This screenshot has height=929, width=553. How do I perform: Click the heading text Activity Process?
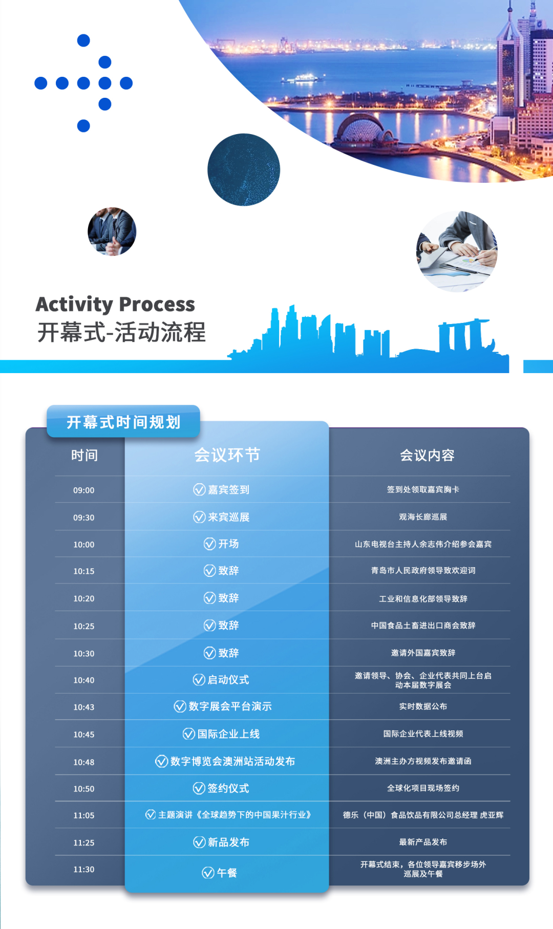click(x=115, y=304)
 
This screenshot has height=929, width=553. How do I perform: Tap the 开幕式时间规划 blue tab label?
click(x=123, y=422)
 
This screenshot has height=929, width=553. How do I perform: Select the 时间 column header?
click(x=84, y=455)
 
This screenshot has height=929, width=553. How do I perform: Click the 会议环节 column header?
click(x=227, y=455)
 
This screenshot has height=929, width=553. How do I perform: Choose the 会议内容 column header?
click(x=427, y=455)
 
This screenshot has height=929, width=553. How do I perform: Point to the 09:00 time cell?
click(x=84, y=490)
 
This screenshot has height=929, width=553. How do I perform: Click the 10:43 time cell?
click(x=84, y=707)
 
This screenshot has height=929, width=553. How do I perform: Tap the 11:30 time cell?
click(x=84, y=869)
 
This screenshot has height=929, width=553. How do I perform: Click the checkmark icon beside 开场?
click(x=209, y=544)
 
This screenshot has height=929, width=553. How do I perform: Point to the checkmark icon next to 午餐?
click(x=208, y=873)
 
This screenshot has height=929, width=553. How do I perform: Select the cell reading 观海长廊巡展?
click(x=423, y=517)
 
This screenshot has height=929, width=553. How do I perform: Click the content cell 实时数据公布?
click(x=423, y=706)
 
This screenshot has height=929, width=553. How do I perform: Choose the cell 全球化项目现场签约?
click(x=423, y=788)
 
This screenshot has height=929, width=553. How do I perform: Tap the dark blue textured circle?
click(x=244, y=169)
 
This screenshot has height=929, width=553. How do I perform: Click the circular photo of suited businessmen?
click(x=112, y=231)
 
